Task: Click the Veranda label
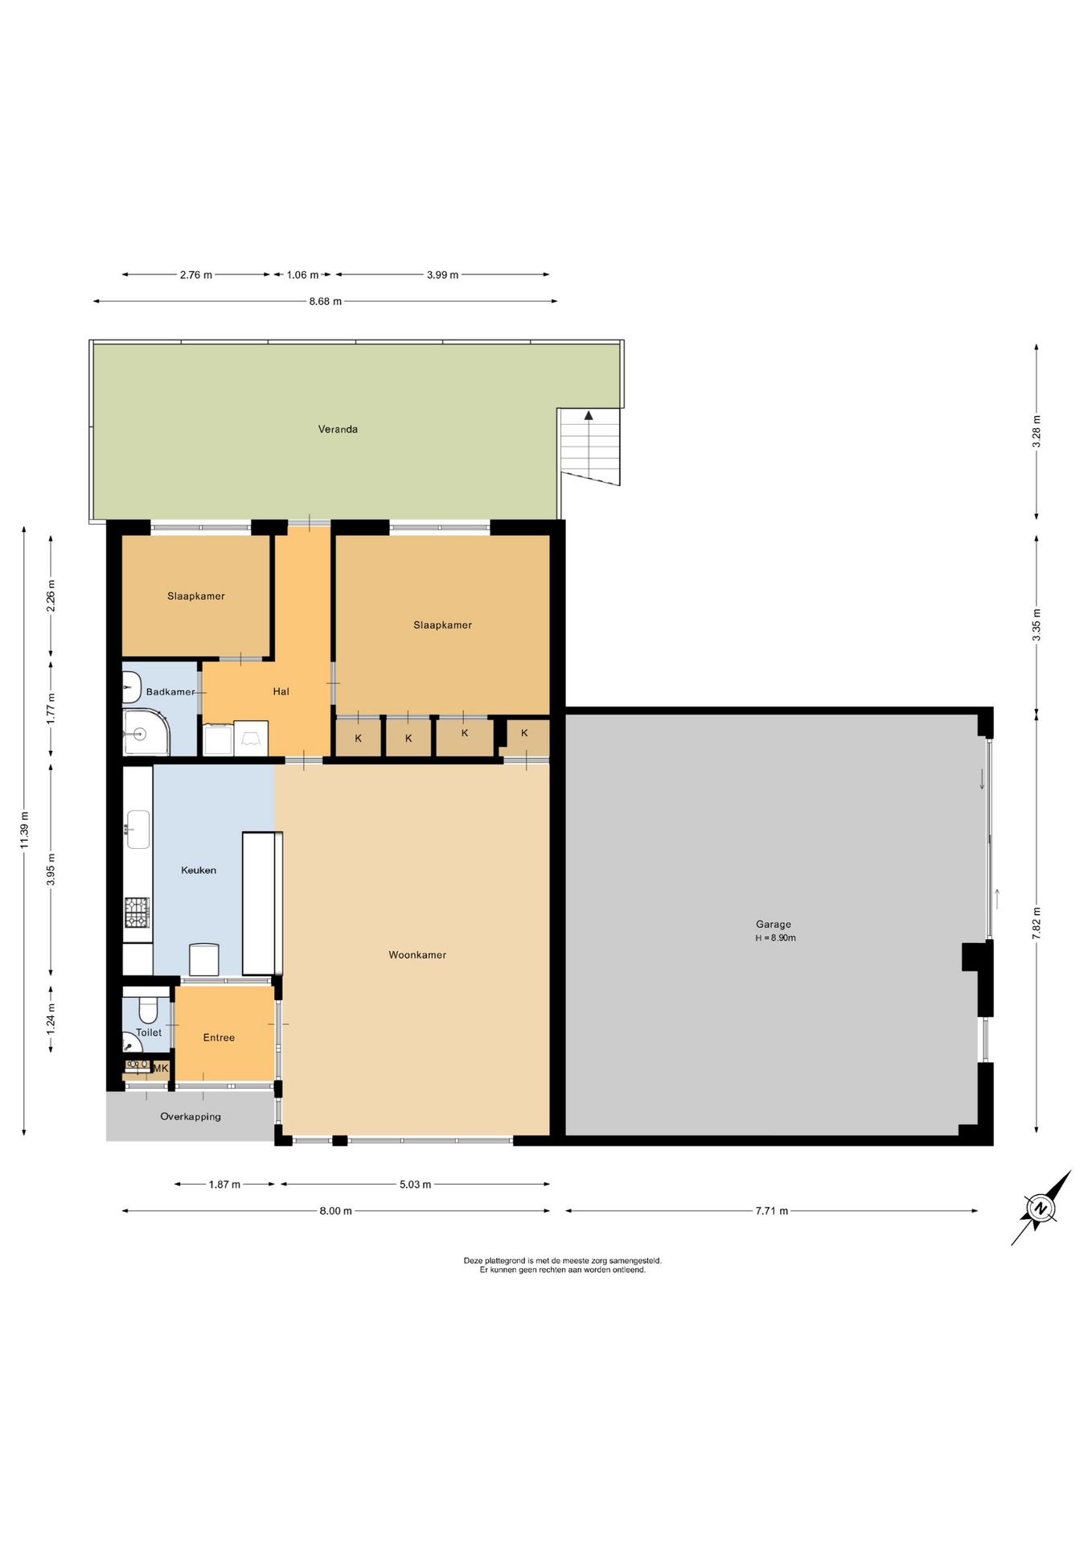tap(338, 429)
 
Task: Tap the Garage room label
tap(774, 925)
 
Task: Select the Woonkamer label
tap(417, 955)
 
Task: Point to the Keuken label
tap(199, 870)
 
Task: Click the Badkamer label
tap(170, 692)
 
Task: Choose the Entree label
tap(219, 1038)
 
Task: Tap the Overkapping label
tap(191, 1117)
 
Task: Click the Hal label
tap(281, 691)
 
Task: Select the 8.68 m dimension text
tap(326, 302)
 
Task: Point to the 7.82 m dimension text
tap(1037, 923)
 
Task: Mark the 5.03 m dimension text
tap(415, 1184)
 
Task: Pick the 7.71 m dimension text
tap(772, 1211)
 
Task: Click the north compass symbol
tap(1041, 1209)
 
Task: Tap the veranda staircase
tap(590, 447)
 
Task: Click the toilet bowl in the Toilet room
tap(149, 1009)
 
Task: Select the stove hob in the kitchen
tap(137, 913)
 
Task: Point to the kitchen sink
tap(138, 830)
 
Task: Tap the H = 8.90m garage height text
tap(775, 938)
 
